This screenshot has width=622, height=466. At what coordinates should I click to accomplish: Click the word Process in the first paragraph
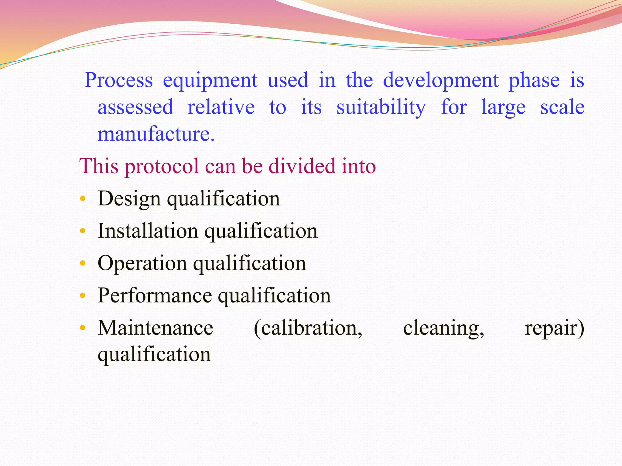(x=118, y=80)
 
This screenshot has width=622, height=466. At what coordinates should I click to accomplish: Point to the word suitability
(x=381, y=107)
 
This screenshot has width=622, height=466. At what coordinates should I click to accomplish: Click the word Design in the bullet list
(x=129, y=199)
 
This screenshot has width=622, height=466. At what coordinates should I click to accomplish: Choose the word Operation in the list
(x=142, y=263)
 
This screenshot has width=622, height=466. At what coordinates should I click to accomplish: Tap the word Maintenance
(x=155, y=328)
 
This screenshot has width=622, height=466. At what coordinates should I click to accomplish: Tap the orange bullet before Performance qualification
(x=82, y=295)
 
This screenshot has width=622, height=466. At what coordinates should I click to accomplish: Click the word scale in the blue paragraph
(x=562, y=107)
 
